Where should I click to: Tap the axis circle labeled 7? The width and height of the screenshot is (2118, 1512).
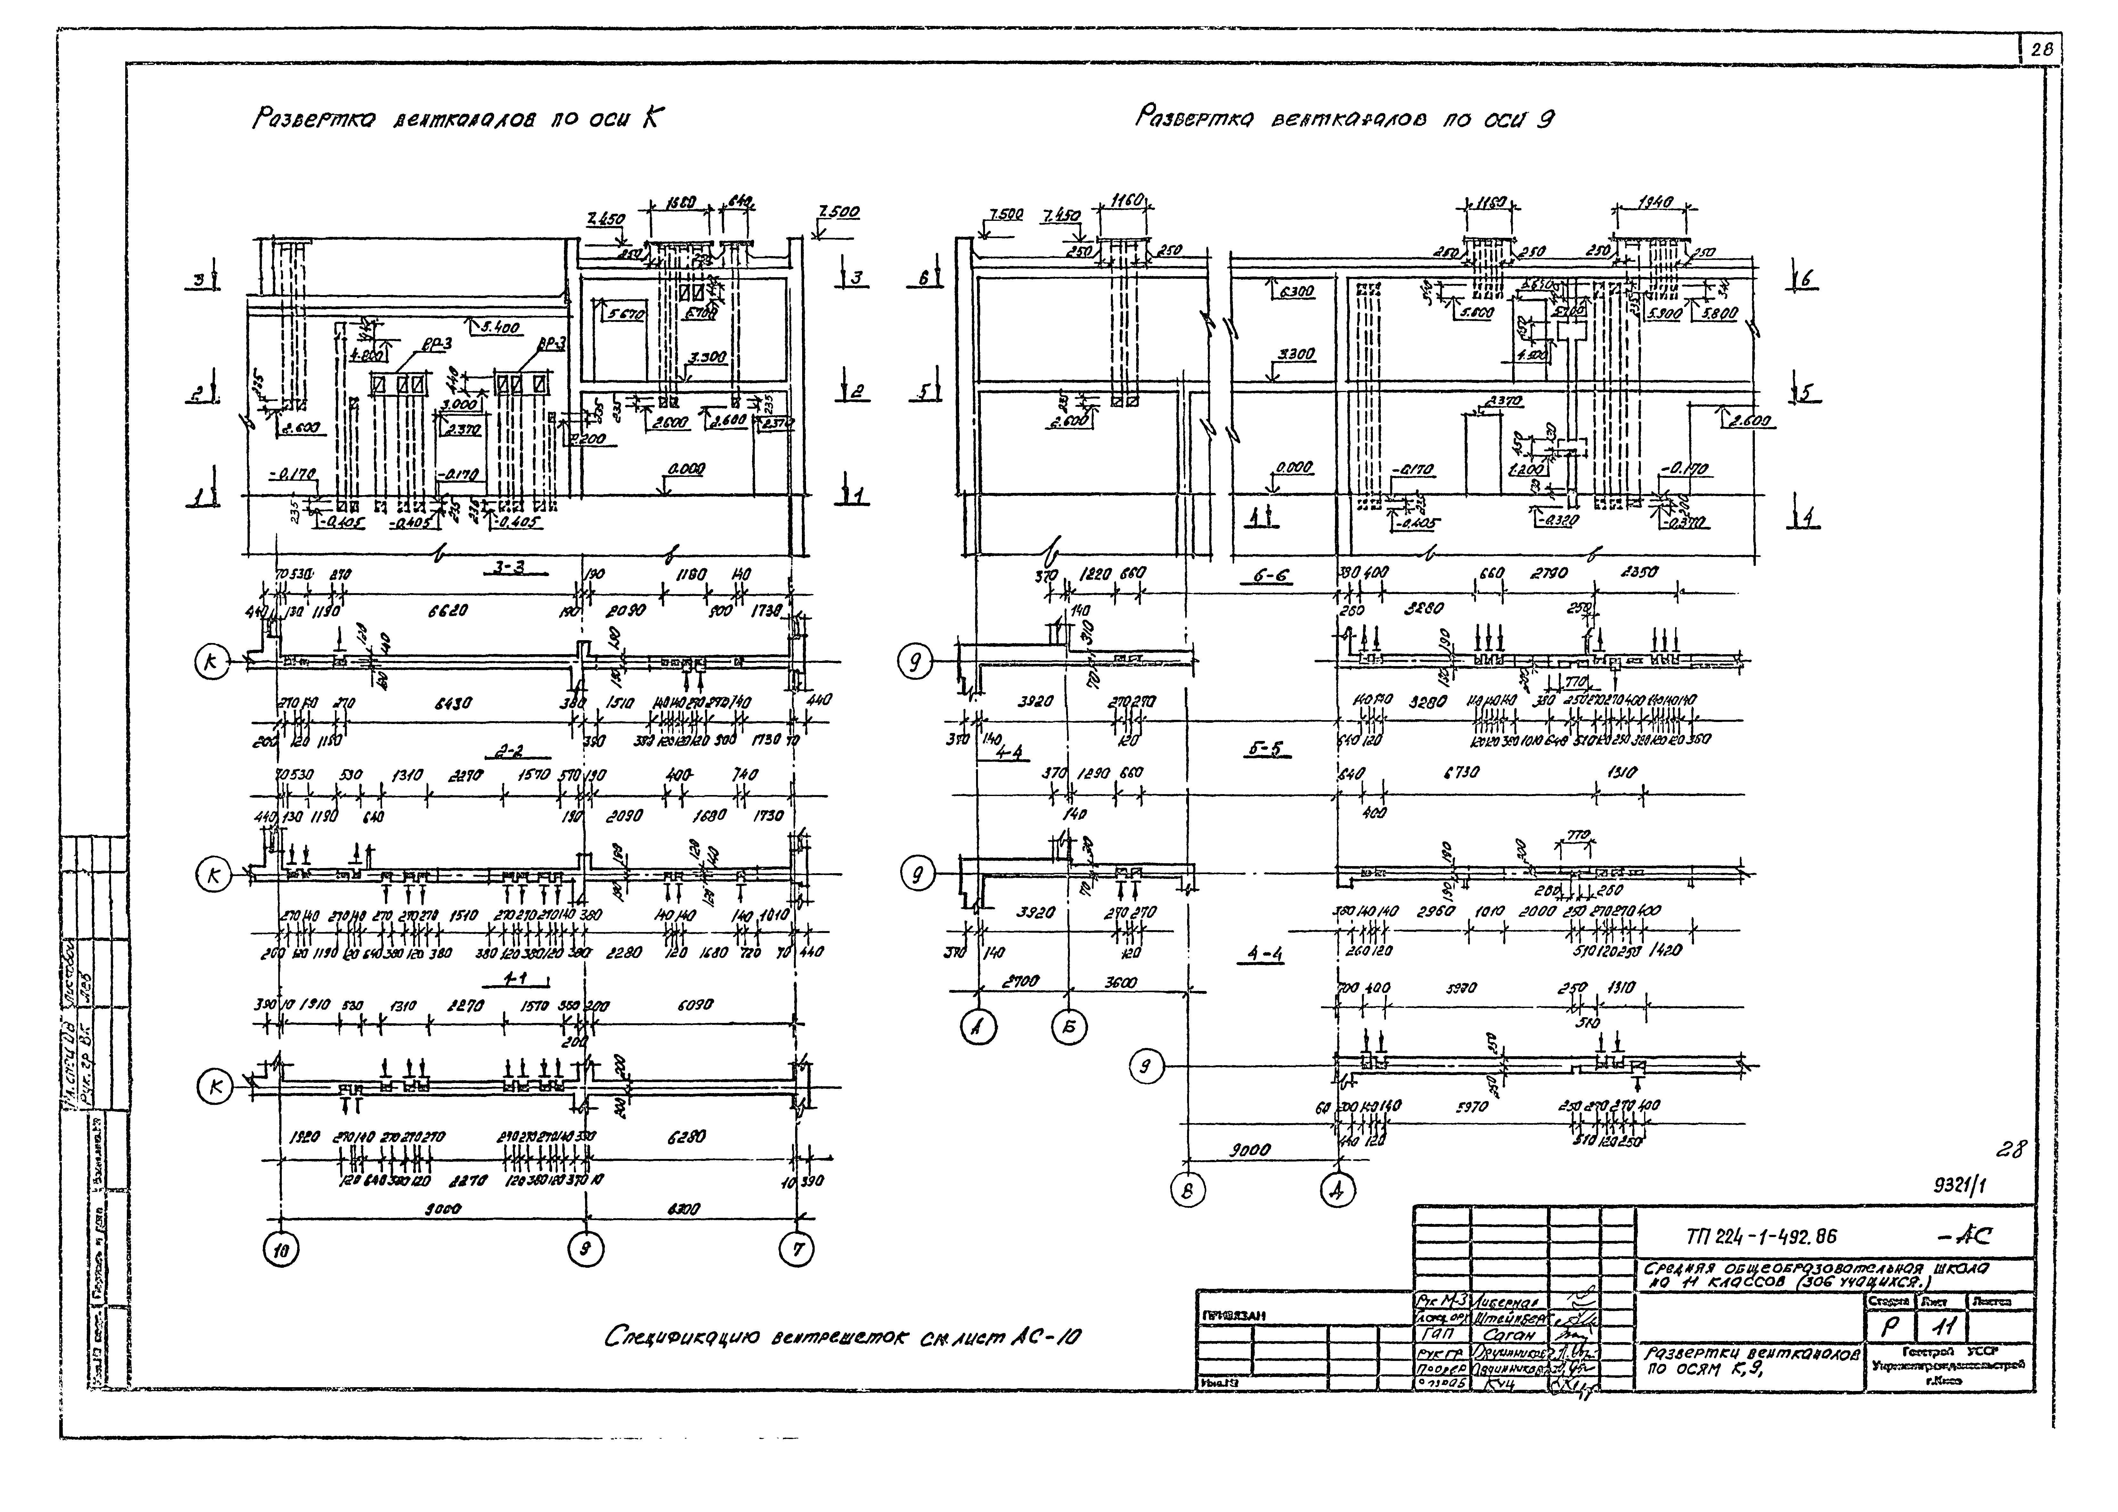[x=797, y=1251]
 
